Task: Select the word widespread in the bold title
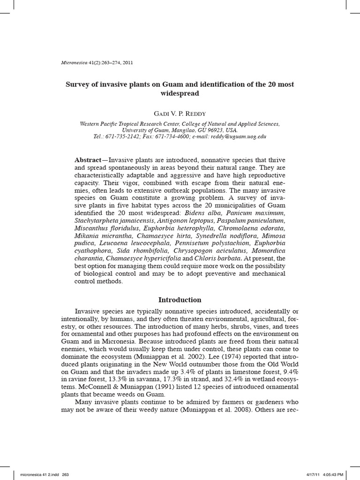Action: pos(180,93)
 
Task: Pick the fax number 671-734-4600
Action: pos(171,136)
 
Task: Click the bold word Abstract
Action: pos(88,160)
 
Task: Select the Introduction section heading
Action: pos(180,300)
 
